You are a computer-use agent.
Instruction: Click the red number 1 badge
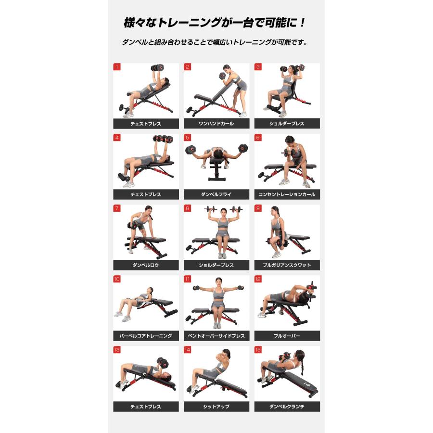[117, 67]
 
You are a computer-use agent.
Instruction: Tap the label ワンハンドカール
[216, 124]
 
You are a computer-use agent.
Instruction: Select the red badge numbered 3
[258, 67]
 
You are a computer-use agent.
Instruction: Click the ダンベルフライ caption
[216, 194]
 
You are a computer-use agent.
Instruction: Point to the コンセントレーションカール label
[287, 194]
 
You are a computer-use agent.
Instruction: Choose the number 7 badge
[117, 208]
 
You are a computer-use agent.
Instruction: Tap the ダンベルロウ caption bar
[146, 265]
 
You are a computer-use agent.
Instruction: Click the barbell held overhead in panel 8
[223, 209]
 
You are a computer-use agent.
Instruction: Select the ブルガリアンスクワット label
[287, 265]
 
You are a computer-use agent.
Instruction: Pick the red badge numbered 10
[117, 279]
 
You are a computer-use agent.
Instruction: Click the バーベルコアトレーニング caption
[146, 336]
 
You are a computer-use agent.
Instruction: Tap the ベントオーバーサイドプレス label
[216, 336]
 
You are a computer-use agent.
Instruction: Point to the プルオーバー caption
[287, 336]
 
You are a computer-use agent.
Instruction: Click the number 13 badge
[117, 350]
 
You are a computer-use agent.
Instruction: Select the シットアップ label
[216, 407]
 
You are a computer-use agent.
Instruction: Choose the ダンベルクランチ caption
[287, 407]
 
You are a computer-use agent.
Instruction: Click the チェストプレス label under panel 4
[146, 194]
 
